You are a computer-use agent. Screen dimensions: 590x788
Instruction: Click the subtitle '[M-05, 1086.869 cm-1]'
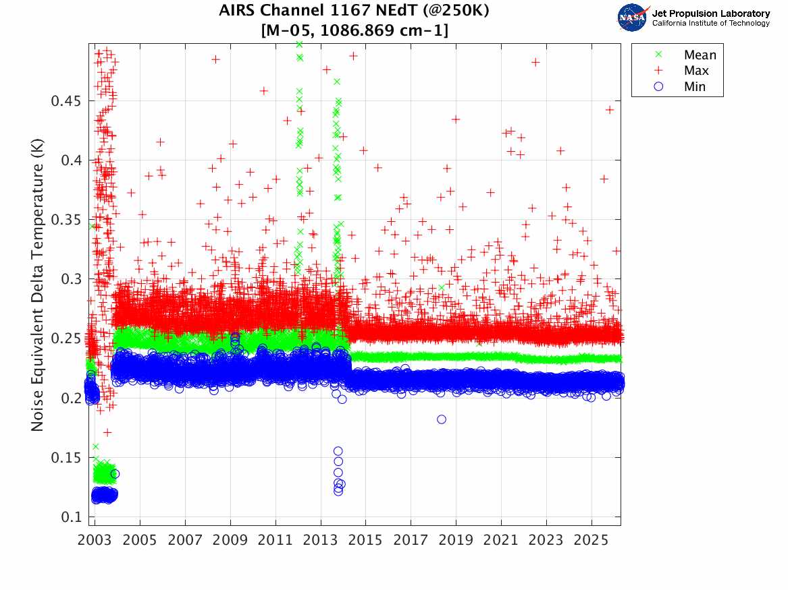[x=354, y=30]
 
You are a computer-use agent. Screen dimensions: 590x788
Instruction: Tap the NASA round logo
[x=632, y=18]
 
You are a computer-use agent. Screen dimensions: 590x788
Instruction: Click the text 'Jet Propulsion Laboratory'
[x=710, y=13]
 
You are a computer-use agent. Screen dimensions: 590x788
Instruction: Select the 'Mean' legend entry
[x=700, y=55]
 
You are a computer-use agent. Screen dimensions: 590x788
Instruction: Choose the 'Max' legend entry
[x=696, y=71]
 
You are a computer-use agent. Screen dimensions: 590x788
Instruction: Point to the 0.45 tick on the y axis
[x=66, y=101]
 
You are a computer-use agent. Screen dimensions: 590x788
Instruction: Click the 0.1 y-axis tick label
[x=72, y=517]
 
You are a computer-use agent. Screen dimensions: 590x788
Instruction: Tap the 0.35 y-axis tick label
[x=66, y=220]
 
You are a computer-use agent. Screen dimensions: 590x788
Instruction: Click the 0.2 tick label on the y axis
[x=72, y=399]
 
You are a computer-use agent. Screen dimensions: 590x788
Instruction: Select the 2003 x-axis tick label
[x=95, y=540]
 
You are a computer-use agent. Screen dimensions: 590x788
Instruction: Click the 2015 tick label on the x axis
[x=366, y=540]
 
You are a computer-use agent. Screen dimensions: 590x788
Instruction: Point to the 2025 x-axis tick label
[x=592, y=540]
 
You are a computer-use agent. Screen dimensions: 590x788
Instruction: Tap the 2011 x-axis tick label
[x=275, y=540]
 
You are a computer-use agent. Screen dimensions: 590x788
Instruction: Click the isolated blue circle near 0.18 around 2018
[x=442, y=419]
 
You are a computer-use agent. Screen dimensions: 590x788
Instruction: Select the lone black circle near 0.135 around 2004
[x=115, y=474]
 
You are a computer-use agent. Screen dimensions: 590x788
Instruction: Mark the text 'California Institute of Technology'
[x=710, y=24]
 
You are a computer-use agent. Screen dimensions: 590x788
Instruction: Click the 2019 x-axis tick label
[x=456, y=540]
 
